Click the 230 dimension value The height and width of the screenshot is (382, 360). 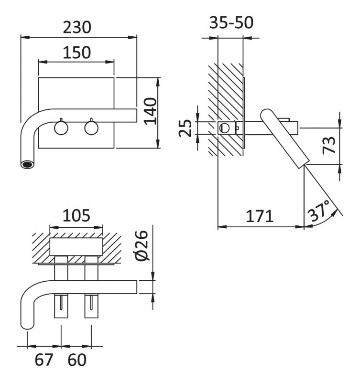tap(77, 27)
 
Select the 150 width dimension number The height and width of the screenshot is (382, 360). tap(77, 53)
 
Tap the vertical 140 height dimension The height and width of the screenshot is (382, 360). tap(150, 111)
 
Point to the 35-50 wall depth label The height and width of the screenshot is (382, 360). tap(231, 22)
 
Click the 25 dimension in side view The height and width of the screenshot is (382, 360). tap(185, 128)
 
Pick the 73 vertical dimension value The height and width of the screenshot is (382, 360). tap(329, 146)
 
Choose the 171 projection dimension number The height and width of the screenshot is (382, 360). tap(259, 216)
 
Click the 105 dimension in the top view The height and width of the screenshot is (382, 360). tap(76, 216)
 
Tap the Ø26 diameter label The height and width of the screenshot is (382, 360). tap(142, 245)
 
